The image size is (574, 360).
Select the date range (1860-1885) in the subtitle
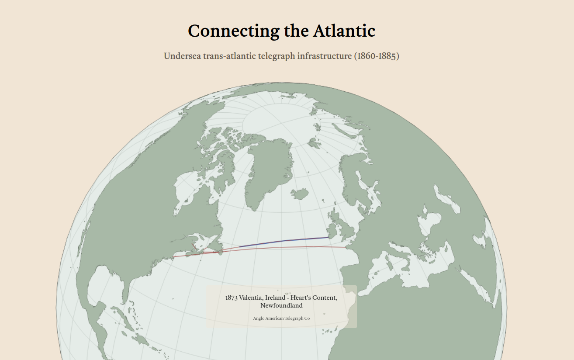377,56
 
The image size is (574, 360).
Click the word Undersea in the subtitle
182,56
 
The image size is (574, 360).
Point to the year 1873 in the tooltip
231,298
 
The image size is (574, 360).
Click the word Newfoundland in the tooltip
281,305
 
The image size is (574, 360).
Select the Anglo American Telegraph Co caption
281,318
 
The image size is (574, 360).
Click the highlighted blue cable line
284,241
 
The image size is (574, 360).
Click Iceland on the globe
300,194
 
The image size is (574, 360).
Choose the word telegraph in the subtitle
277,56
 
